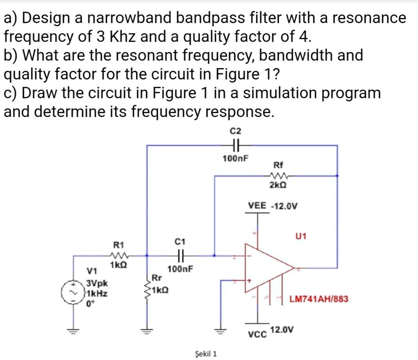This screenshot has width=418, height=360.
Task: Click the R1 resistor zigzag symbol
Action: (x=119, y=255)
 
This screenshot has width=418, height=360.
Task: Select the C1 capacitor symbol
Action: (x=181, y=255)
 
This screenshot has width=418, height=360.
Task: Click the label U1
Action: (x=301, y=236)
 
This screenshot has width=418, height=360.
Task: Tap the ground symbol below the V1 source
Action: (x=73, y=331)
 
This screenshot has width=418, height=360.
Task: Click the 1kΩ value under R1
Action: (x=119, y=265)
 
